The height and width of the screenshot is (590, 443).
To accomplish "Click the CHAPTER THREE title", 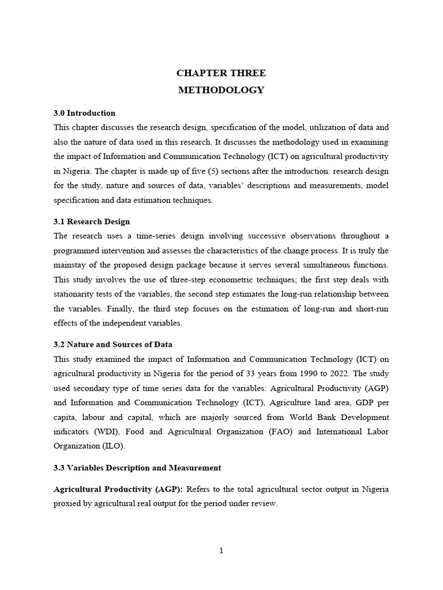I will point(221,73).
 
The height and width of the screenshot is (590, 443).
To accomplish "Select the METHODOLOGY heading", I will point(221,90).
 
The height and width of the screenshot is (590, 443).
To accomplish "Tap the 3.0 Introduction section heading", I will point(84,113).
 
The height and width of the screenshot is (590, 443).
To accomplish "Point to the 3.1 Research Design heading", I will point(92,221).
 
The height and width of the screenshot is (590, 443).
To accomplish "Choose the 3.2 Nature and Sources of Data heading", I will point(113,345).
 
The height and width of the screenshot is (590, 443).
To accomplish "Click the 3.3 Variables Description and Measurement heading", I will point(137,467).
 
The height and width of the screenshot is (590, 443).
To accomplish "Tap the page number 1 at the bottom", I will point(221,551).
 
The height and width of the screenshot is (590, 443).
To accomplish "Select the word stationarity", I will point(76,294).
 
